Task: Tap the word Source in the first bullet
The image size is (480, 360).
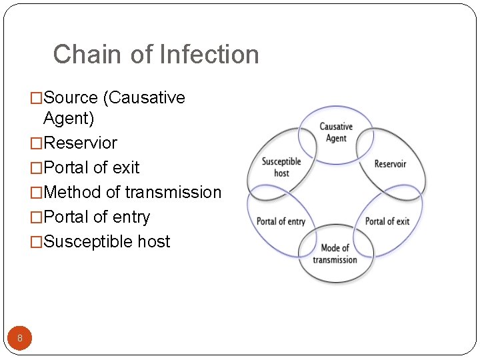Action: [x=71, y=98]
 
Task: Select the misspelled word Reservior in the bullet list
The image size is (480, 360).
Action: [x=80, y=143]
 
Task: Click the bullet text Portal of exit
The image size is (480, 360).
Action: [x=91, y=168]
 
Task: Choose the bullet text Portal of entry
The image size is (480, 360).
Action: [x=97, y=217]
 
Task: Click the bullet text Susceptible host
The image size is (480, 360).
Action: [x=107, y=242]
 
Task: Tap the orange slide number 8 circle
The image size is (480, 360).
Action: [x=20, y=339]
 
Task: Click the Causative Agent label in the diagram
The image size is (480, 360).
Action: [x=336, y=132]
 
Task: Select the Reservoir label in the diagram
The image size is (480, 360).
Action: [x=390, y=164]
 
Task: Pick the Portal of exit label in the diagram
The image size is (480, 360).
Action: [x=387, y=221]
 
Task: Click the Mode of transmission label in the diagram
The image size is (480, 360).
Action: [x=335, y=254]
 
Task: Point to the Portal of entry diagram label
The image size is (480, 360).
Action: [x=281, y=221]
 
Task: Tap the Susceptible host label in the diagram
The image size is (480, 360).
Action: [x=281, y=167]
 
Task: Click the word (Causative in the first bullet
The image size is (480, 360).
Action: [x=143, y=98]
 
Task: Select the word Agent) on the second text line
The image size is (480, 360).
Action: [x=69, y=119]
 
